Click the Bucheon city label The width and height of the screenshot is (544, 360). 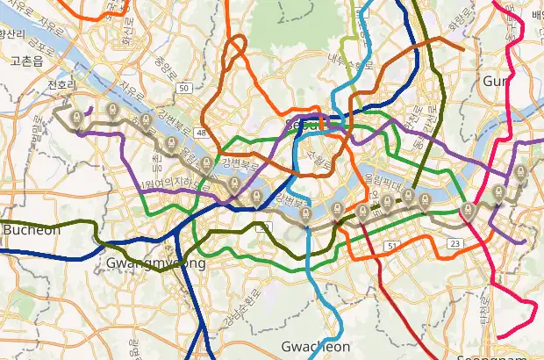(32, 230)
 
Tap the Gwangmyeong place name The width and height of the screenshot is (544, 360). (155, 263)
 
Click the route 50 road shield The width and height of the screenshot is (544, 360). (183, 88)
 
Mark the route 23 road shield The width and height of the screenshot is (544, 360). (454, 243)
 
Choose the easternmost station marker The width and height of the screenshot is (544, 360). (520, 172)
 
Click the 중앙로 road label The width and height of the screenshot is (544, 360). (161, 63)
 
